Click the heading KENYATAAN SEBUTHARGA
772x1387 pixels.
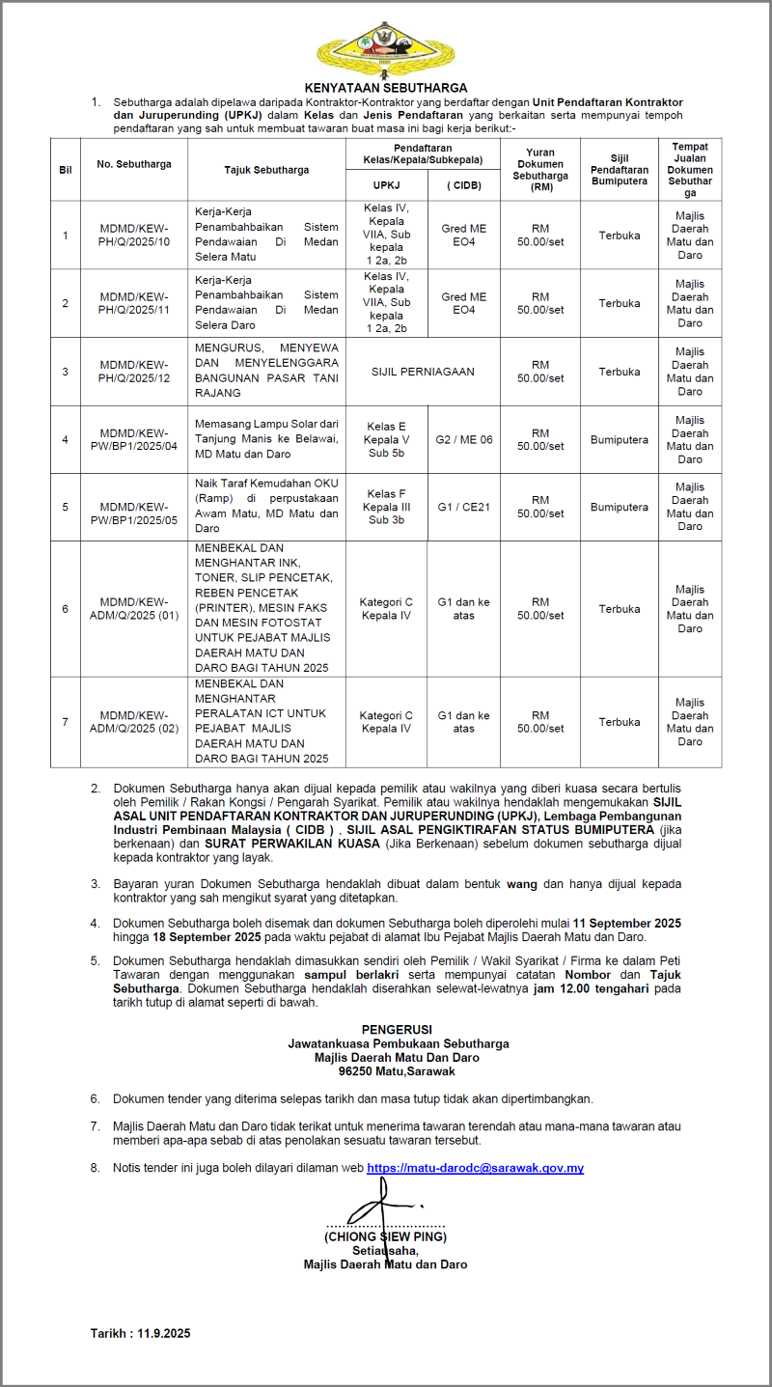[386, 87]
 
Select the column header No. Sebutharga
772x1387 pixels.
[134, 164]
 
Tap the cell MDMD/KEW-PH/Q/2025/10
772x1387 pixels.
[134, 235]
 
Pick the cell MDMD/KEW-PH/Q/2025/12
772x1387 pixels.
[134, 372]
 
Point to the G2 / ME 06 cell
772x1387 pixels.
[464, 439]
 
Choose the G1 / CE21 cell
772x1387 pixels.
[464, 507]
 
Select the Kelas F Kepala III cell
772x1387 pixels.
[386, 507]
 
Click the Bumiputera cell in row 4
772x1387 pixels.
[620, 439]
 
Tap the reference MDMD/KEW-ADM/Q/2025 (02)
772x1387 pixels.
[134, 722]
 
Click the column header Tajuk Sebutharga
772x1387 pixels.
[266, 170]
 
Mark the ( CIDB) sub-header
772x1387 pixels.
[464, 184]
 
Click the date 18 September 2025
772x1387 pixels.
[201, 937]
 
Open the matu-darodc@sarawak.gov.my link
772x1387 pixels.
[475, 1168]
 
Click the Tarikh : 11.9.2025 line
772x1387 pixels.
[141, 1333]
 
